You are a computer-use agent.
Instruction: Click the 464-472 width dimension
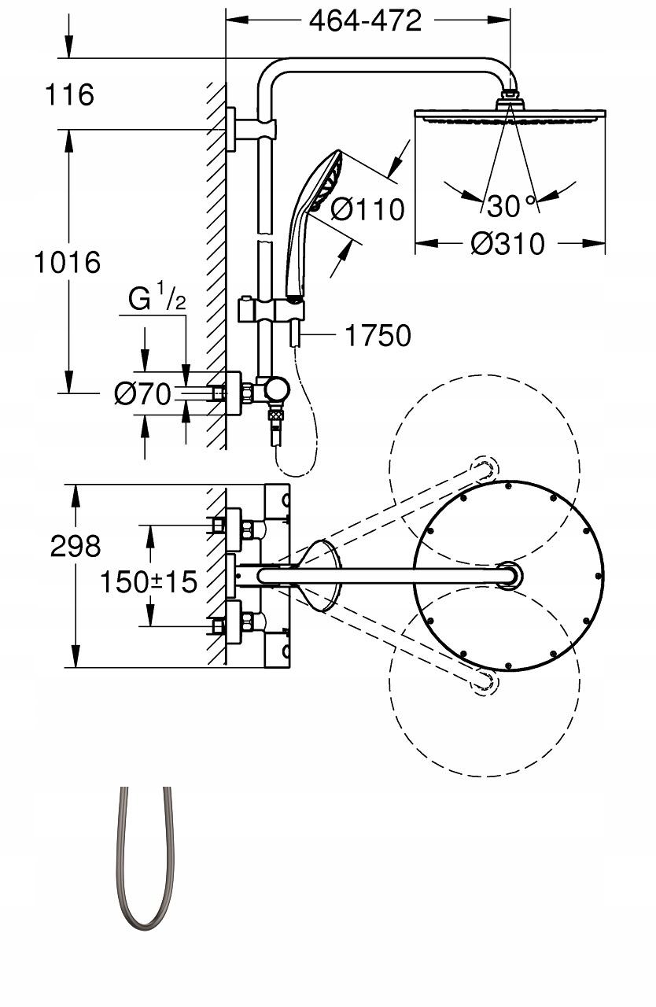tap(365, 20)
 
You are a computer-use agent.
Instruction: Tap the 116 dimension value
tap(70, 94)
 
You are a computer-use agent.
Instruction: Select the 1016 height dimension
tap(68, 262)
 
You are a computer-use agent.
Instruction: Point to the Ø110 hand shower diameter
tap(367, 209)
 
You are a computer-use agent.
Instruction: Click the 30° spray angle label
tap(512, 206)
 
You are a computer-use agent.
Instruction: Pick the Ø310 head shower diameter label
tap(507, 244)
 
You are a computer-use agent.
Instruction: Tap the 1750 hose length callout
tap(378, 335)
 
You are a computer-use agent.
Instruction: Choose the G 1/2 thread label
tap(157, 298)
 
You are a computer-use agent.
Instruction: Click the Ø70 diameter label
tap(142, 394)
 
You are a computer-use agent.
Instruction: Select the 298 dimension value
tap(75, 547)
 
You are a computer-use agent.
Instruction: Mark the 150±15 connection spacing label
tap(149, 581)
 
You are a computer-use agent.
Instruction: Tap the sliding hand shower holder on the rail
tap(271, 310)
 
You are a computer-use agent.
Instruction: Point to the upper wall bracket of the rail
tap(252, 130)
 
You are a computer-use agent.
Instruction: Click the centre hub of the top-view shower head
tap(510, 575)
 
